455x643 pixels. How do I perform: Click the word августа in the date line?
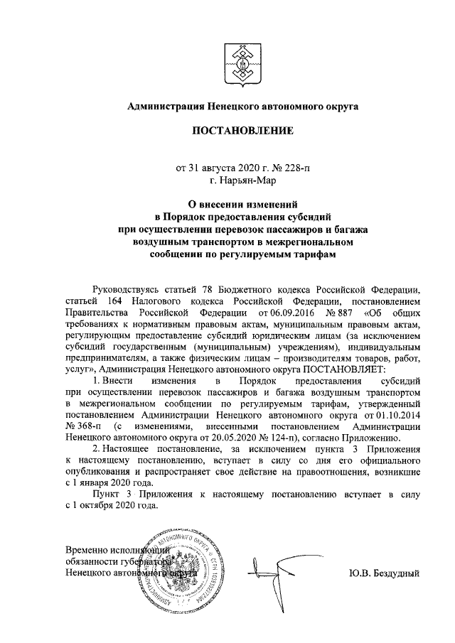tap(218, 168)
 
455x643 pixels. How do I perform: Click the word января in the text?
tap(90, 482)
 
